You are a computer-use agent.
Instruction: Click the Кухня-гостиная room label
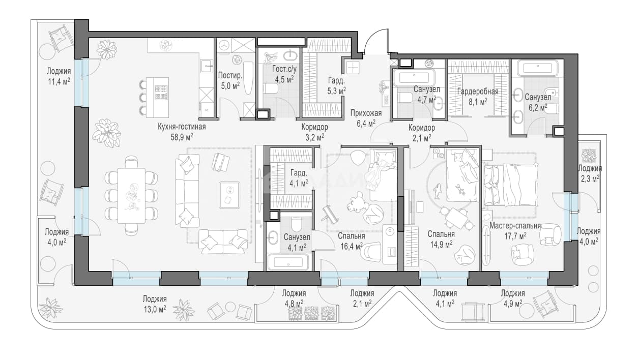click(182, 127)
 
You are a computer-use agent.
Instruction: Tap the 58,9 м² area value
click(182, 137)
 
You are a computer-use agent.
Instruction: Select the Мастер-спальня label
click(515, 226)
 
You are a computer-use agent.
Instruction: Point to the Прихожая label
click(366, 113)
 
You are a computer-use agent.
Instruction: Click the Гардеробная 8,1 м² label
click(478, 96)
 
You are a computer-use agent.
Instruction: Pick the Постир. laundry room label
click(230, 75)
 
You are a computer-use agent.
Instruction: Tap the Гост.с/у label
click(284, 69)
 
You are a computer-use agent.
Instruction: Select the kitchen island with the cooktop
click(158, 97)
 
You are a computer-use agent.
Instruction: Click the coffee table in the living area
click(229, 195)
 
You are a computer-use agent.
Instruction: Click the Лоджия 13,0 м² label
click(155, 304)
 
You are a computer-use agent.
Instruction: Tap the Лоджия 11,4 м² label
click(59, 76)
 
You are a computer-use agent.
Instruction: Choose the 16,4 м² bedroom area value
click(352, 246)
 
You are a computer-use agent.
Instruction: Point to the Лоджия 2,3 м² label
click(590, 173)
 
